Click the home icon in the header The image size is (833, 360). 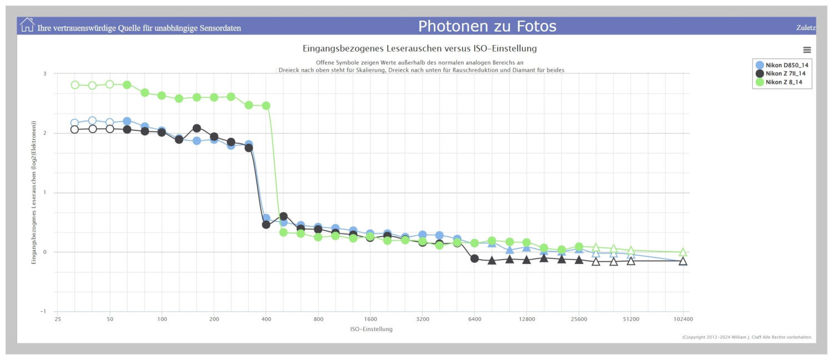tap(27, 25)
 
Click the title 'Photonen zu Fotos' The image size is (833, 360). tap(487, 26)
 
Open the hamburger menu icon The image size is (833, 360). tap(807, 50)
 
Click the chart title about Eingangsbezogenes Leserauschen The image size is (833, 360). tap(419, 49)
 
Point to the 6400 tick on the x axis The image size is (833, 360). tap(474, 319)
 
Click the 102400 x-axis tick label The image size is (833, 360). tap(683, 319)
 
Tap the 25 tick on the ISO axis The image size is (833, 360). tap(58, 319)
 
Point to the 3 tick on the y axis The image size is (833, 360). tap(45, 74)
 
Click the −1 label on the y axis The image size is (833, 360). tap(44, 312)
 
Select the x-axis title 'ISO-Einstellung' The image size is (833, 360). tap(371, 329)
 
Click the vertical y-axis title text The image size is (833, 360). tap(34, 193)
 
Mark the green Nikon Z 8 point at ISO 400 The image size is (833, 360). tap(266, 106)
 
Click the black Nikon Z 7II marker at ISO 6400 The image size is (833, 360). tap(474, 258)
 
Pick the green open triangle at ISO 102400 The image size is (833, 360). tap(683, 252)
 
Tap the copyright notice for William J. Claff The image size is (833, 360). tap(747, 337)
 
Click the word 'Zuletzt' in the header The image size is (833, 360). tap(805, 27)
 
